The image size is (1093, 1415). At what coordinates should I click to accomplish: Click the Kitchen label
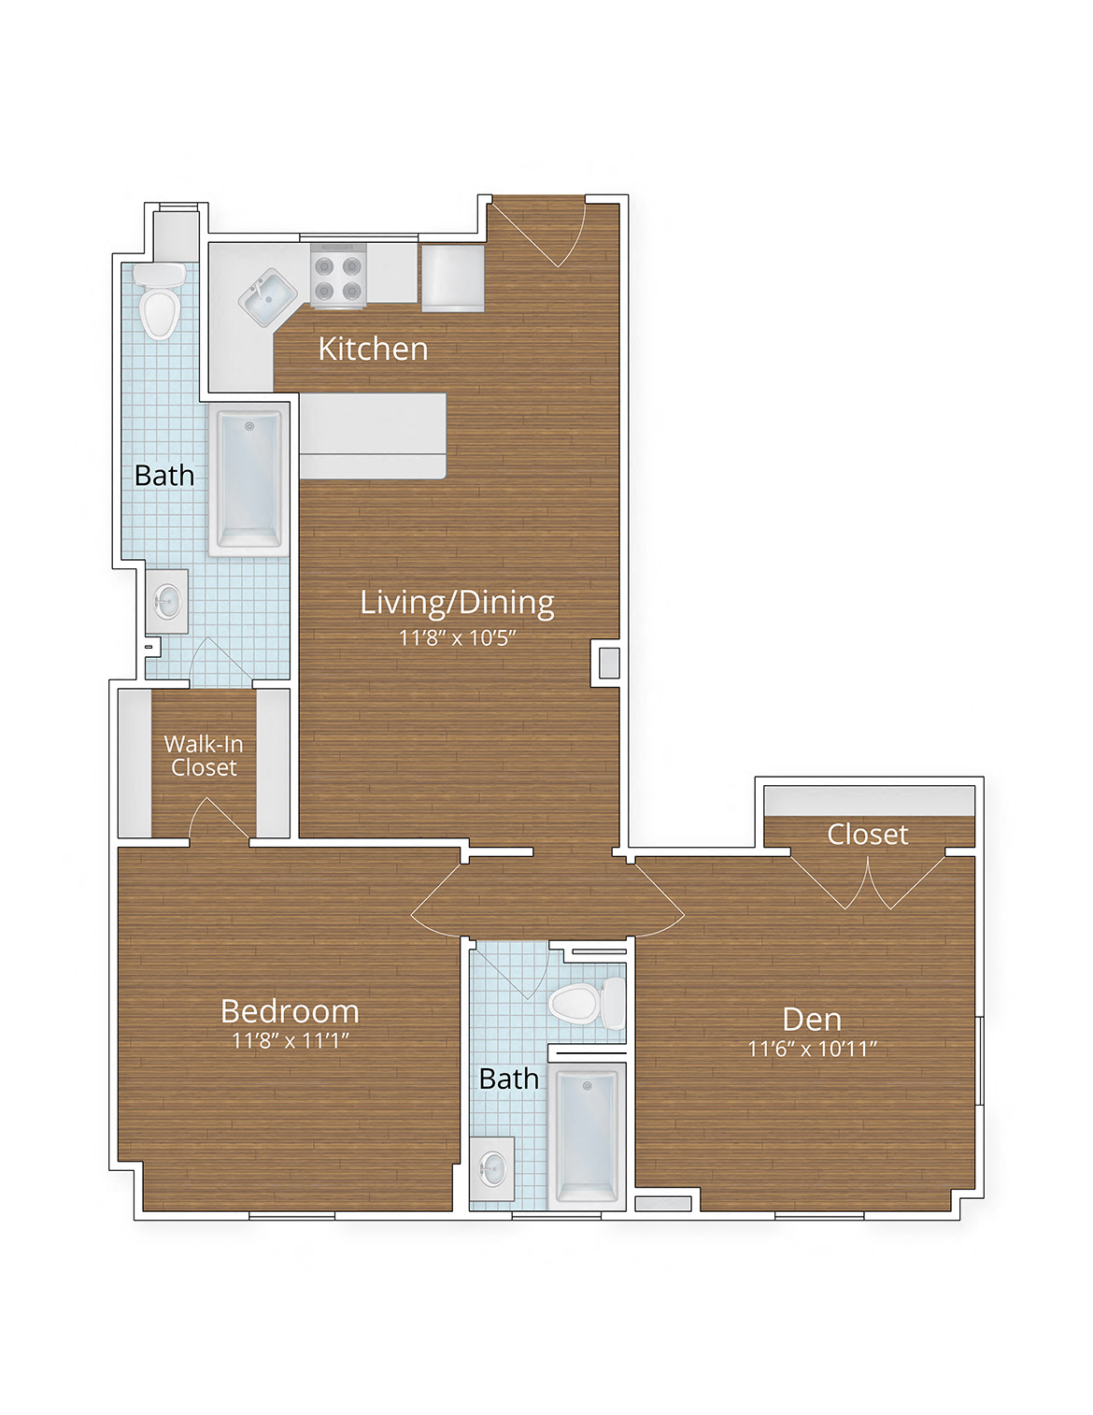(x=373, y=349)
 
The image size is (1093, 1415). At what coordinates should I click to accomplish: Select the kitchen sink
(x=268, y=295)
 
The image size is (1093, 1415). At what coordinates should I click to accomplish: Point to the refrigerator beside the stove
(x=453, y=277)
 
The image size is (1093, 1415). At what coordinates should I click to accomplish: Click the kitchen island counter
(x=372, y=436)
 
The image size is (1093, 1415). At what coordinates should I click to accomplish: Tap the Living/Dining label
(x=457, y=603)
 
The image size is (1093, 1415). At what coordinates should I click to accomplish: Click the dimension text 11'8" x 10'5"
(x=457, y=638)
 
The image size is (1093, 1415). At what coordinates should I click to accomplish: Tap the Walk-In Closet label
(x=204, y=755)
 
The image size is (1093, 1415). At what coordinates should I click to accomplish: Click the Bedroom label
(x=290, y=1011)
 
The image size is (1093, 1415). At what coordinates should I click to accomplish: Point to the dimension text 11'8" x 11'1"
(x=290, y=1041)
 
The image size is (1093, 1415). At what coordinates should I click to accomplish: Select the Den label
(x=812, y=1020)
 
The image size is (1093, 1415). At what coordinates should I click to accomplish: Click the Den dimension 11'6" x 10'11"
(x=812, y=1050)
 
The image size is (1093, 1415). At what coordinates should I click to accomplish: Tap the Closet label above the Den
(x=867, y=835)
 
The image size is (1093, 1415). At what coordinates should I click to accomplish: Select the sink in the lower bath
(x=492, y=1168)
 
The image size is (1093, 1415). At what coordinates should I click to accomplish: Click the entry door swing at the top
(x=540, y=230)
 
